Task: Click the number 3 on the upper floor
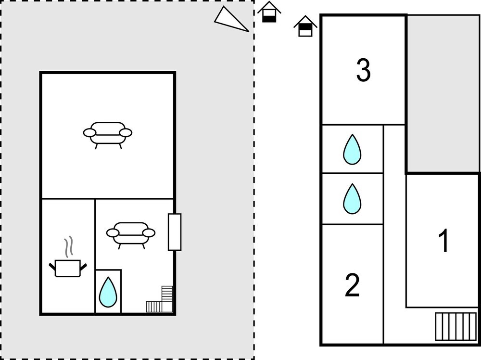[x=364, y=70]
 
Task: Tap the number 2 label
[x=353, y=285]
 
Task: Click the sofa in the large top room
[x=108, y=133]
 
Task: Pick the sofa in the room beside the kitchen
[x=131, y=234]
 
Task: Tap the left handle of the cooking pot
[x=53, y=265]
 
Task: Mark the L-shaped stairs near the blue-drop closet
[x=161, y=301]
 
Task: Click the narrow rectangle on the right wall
[x=174, y=232]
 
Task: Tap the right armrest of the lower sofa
[x=149, y=233]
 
